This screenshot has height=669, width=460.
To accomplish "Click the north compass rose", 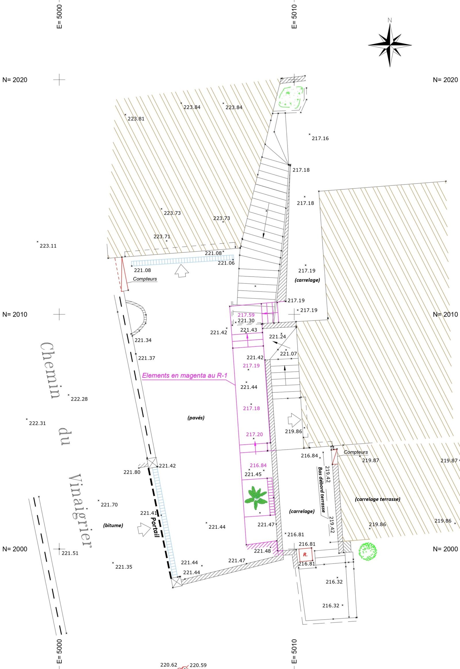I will point(390,45).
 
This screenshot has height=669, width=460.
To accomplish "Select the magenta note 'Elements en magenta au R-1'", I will point(185,375).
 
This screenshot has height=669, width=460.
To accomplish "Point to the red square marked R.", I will point(305,554).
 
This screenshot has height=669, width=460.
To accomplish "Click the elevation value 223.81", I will point(136,119).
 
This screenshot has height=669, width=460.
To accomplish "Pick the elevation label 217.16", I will point(320,138).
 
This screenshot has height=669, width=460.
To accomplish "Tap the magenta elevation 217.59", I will point(246,315).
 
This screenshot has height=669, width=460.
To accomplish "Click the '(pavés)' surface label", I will point(196,418).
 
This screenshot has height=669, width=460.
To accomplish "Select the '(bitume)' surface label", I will point(113,525).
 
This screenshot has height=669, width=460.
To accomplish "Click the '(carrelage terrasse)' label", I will point(377,499).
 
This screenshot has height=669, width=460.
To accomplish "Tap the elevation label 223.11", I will point(48,246).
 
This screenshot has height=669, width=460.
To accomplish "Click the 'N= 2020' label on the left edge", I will point(15,80).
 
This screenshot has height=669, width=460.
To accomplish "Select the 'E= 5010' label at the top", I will point(294,16).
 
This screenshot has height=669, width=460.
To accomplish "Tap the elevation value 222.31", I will point(37,423).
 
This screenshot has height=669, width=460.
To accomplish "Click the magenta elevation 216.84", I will point(258,465).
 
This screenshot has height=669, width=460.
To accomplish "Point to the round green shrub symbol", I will point(367,551).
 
